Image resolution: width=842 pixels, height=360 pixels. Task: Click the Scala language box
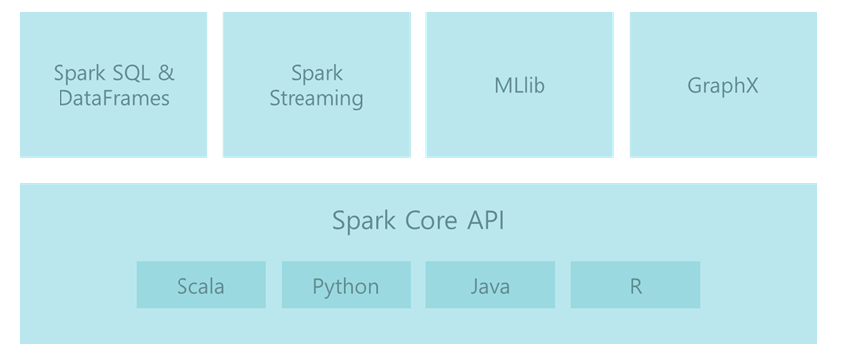200,286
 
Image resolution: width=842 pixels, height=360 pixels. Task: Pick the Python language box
345,286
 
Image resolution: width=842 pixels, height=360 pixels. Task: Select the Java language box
490,286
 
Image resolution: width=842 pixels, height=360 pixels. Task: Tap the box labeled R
635,286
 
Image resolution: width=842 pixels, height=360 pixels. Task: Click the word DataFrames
113,99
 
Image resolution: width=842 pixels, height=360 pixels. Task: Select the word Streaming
316,99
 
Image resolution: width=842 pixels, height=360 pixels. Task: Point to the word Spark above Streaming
316,73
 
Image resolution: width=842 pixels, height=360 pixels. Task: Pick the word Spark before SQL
78,73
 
